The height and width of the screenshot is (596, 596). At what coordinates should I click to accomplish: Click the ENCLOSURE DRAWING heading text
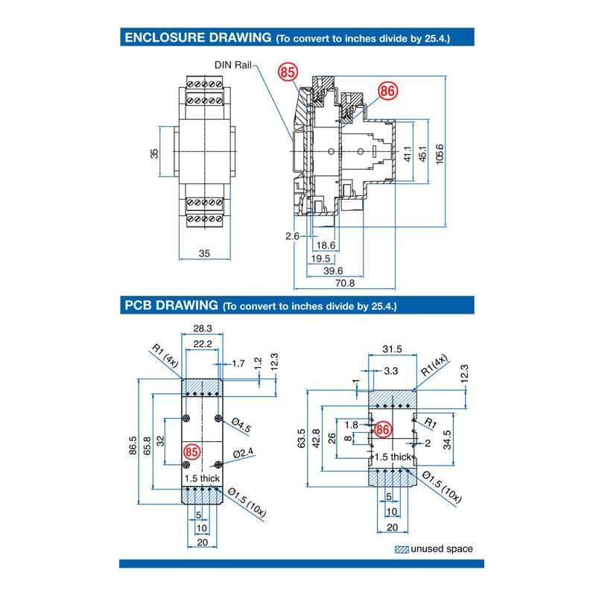[x=197, y=37]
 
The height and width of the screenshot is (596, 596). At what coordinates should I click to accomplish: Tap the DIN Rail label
[x=234, y=65]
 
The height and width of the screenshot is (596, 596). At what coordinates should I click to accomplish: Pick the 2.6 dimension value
[x=292, y=236]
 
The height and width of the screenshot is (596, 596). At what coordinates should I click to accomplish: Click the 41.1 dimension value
[x=407, y=153]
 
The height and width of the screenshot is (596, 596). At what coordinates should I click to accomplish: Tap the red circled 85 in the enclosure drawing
[x=288, y=72]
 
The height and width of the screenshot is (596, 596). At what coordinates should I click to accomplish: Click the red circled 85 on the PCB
[x=192, y=451]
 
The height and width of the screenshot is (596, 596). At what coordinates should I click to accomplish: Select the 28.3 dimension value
[x=203, y=328]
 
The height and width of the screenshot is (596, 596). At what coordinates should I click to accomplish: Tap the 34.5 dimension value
[x=447, y=435]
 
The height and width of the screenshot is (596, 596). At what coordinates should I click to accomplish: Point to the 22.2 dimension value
[x=203, y=343]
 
